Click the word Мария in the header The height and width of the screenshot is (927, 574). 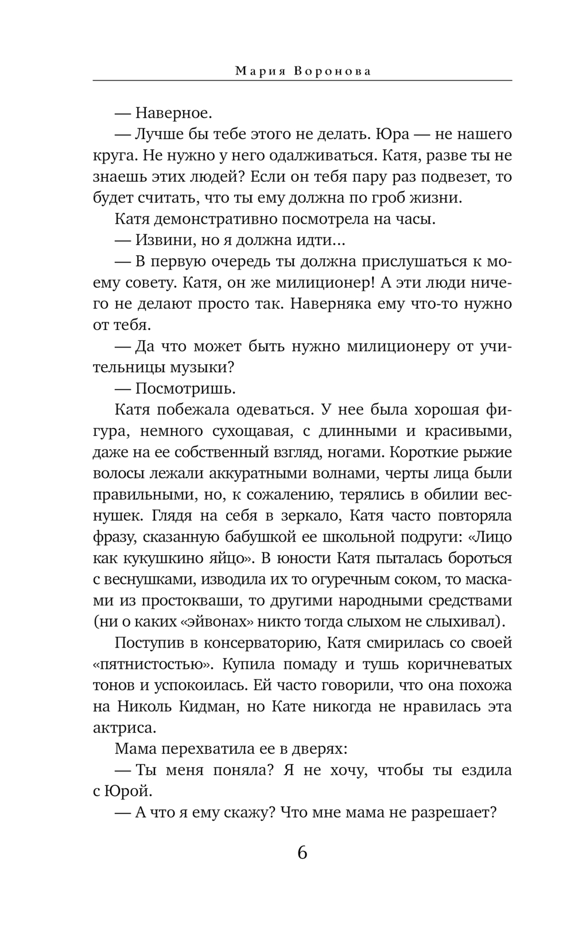coord(257,71)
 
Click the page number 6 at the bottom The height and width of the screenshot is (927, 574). coord(302,852)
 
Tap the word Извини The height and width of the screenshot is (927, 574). coord(161,240)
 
